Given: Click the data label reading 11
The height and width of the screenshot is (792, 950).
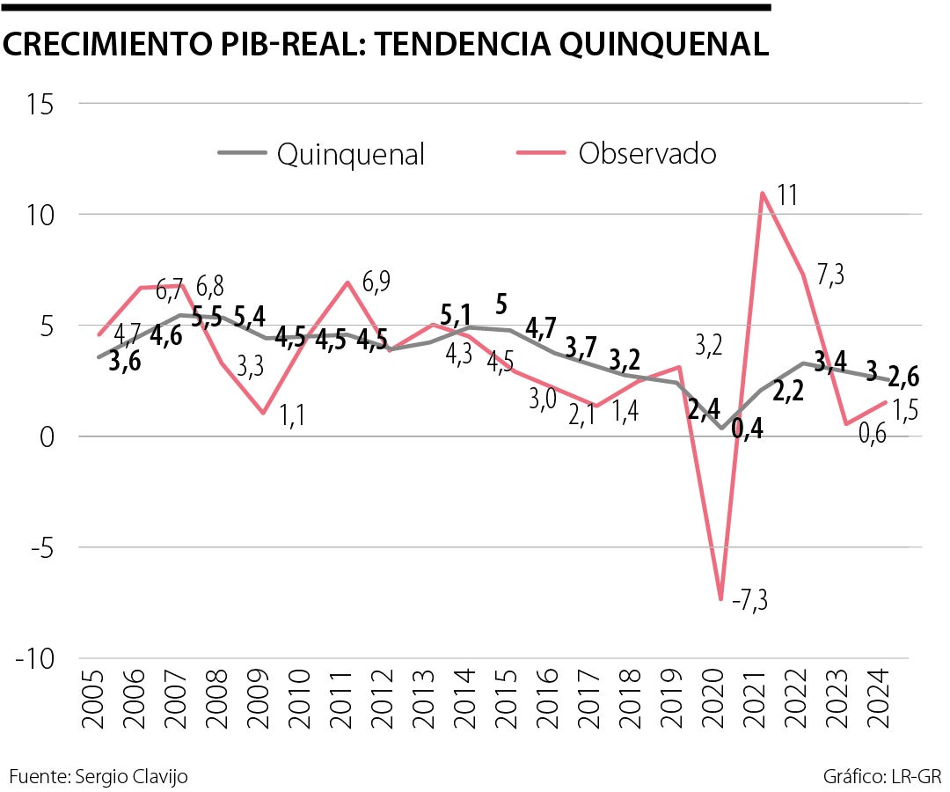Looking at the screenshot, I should coord(787,194).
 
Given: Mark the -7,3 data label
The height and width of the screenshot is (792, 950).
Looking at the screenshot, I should coord(749,602).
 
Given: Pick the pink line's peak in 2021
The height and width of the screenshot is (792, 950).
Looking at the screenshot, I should coord(763,193).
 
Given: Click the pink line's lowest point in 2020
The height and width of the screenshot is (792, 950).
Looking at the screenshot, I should coord(721,599).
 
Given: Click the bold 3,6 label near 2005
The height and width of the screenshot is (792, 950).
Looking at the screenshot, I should coord(125,361).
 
